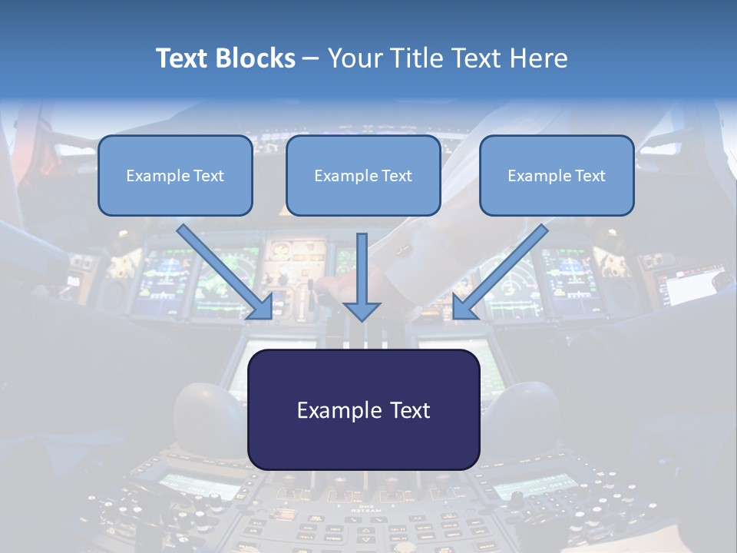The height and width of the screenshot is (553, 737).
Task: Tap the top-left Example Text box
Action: tap(175, 175)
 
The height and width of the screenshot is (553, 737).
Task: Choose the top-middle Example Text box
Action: tap(363, 175)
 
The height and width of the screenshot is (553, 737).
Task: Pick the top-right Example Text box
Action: tap(557, 175)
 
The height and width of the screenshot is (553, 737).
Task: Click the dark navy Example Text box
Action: tap(364, 409)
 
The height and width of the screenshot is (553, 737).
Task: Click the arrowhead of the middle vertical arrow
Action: tap(362, 310)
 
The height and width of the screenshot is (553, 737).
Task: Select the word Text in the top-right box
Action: tap(590, 176)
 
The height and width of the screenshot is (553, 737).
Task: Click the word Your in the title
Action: tap(355, 58)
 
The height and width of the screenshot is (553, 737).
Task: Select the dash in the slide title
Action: tap(311, 59)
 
